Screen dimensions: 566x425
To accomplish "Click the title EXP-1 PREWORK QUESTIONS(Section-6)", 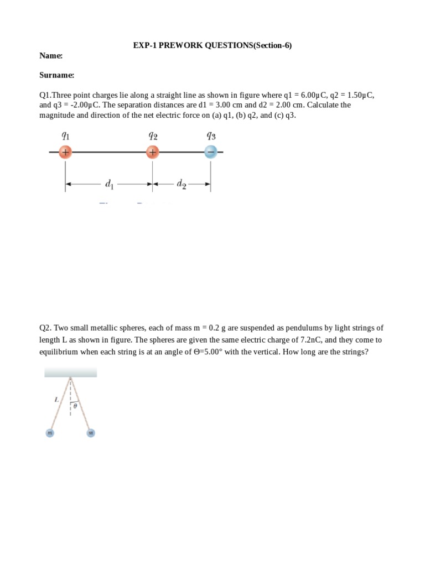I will pyautogui.click(x=212, y=45).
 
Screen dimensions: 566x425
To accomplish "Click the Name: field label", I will pyautogui.click(x=51, y=56).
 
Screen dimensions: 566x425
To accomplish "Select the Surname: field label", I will pyautogui.click(x=56, y=75).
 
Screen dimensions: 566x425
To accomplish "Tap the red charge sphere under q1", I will pyautogui.click(x=65, y=152).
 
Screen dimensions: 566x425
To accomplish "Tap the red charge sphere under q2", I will pyautogui.click(x=153, y=152).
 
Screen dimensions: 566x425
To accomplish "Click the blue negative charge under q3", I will pyautogui.click(x=210, y=152).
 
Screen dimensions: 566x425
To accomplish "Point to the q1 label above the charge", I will pyautogui.click(x=65, y=135).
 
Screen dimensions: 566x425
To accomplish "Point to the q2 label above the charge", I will pyautogui.click(x=153, y=135).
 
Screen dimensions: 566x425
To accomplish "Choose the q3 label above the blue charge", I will pyautogui.click(x=210, y=135).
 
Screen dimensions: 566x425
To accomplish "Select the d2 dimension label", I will pyautogui.click(x=182, y=184).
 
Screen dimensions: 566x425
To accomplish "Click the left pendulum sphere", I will pyautogui.click(x=49, y=433).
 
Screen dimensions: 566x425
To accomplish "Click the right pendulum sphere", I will pyautogui.click(x=91, y=433).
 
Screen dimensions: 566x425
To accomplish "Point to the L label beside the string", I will pyautogui.click(x=56, y=399).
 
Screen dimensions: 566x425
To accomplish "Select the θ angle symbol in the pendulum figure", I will pyautogui.click(x=75, y=406).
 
